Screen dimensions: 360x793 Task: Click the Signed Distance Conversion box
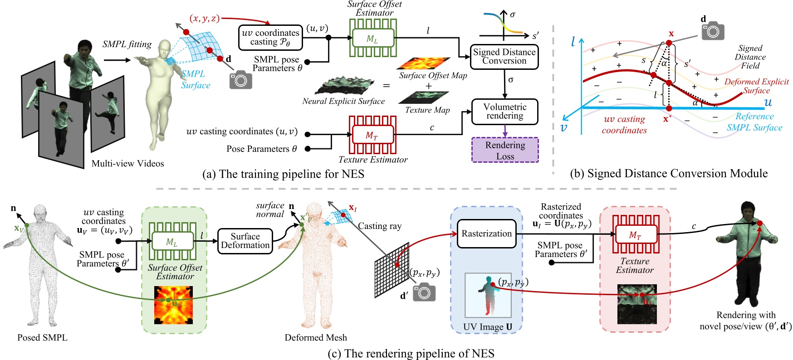[x=504, y=57]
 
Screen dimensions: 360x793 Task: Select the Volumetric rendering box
[x=504, y=112]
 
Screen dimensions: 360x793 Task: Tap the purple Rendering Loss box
[x=505, y=150]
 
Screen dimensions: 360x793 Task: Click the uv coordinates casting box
[x=270, y=38]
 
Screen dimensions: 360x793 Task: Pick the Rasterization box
[x=486, y=234]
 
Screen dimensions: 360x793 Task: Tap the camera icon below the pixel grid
[x=424, y=292]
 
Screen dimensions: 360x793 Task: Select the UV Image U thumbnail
[x=488, y=295]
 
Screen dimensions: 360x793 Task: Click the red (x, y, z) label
[x=205, y=18]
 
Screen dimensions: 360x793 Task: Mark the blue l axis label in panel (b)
[x=573, y=42]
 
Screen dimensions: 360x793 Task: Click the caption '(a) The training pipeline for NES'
[x=283, y=174]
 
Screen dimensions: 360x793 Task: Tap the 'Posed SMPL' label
[x=42, y=338]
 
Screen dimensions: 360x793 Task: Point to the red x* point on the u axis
[x=669, y=108]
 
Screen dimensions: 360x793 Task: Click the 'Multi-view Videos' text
[x=127, y=164]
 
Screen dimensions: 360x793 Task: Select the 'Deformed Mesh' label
[x=315, y=338]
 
